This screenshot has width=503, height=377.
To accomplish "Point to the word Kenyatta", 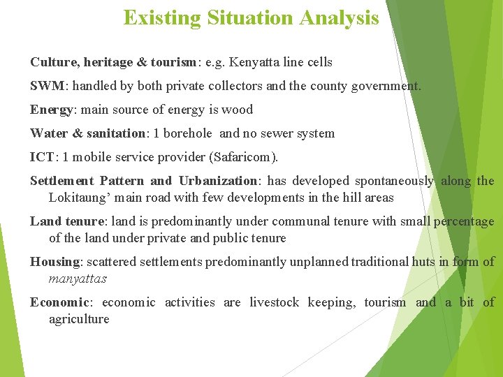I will point(263,62).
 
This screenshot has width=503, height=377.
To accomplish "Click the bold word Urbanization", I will point(218,181).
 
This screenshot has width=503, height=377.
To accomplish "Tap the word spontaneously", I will point(393,181).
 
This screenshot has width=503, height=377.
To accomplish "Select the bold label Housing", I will point(55,262).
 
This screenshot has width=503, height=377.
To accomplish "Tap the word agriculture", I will point(79,319).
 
